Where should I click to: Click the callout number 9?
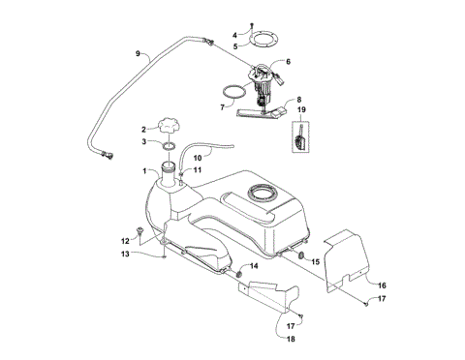(138, 53)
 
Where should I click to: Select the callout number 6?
(286, 61)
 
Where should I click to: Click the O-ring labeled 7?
(233, 93)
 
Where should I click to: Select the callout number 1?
(146, 171)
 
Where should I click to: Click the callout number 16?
(381, 285)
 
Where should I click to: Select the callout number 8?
(299, 100)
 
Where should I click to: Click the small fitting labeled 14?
(238, 274)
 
